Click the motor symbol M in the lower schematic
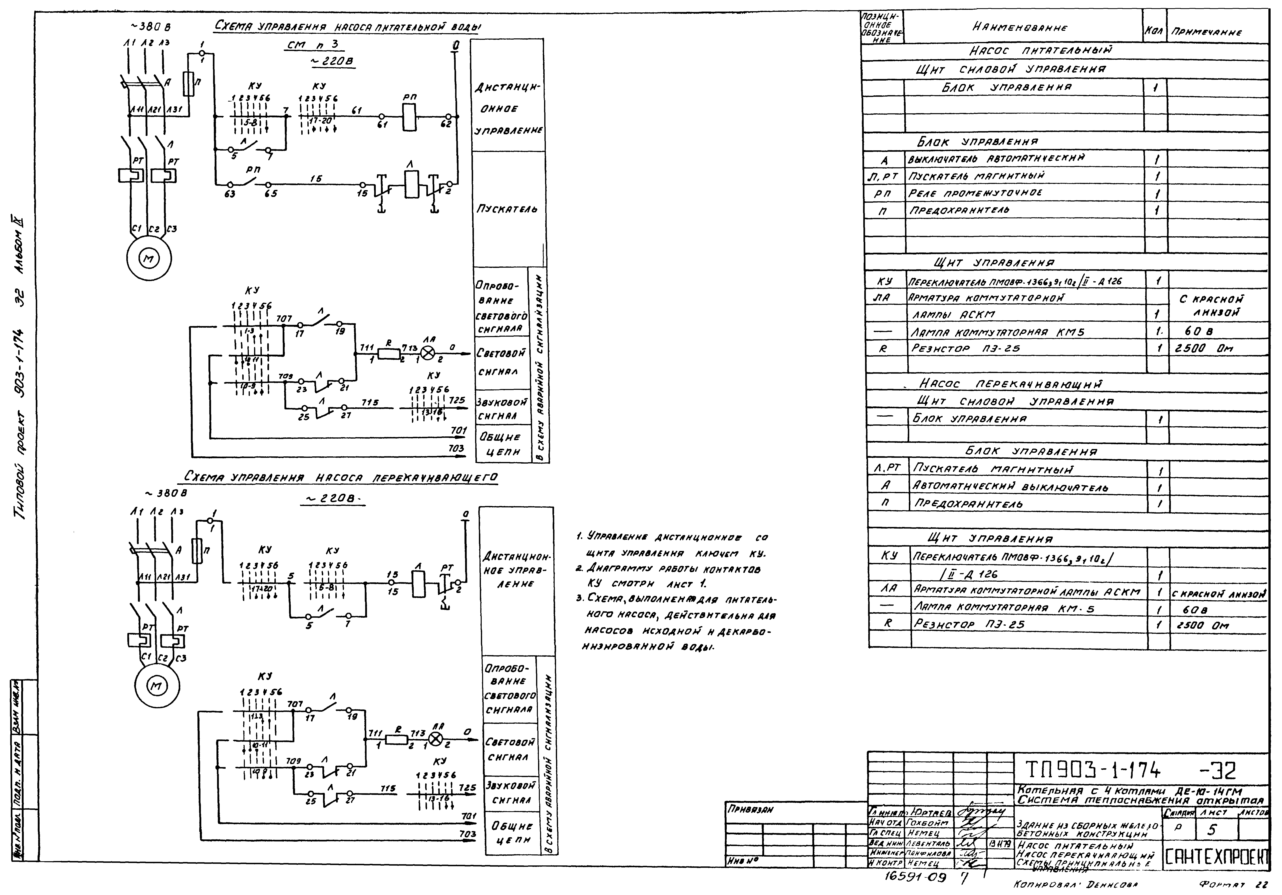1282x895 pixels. click(156, 686)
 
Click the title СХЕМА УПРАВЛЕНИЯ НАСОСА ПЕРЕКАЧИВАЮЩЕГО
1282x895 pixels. click(341, 478)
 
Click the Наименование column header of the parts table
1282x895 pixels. click(1020, 27)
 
